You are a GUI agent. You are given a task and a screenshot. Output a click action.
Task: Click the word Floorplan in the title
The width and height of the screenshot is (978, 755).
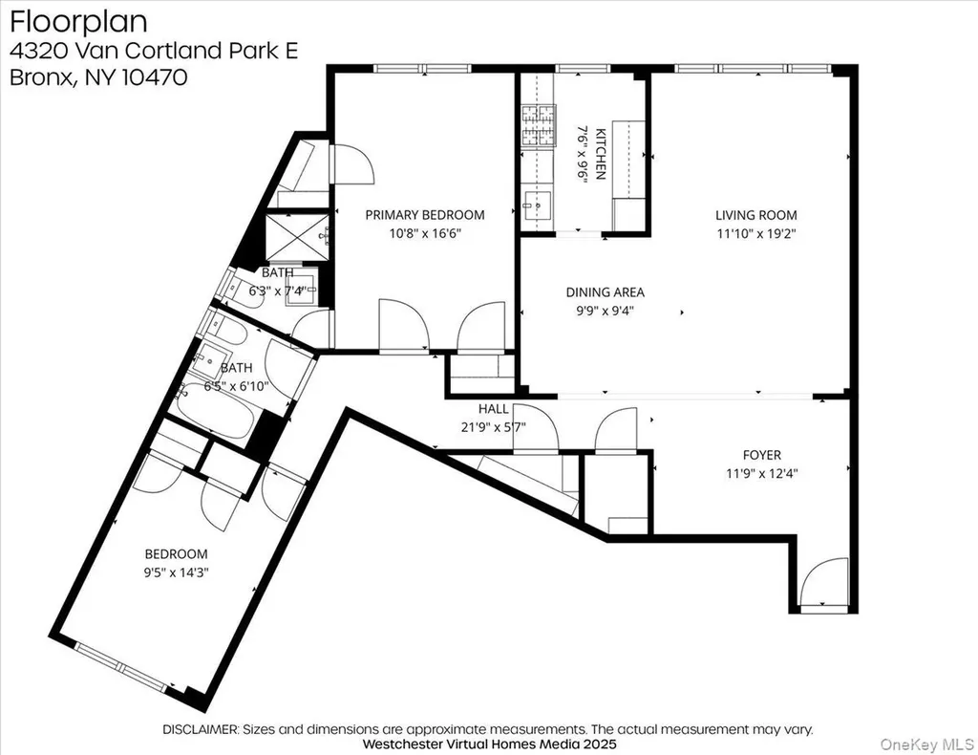pyautogui.click(x=78, y=23)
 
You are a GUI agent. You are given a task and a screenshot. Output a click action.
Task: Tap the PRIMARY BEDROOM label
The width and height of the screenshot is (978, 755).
pyautogui.click(x=425, y=215)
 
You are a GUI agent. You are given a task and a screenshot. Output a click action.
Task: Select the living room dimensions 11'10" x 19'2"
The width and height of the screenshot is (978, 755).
pyautogui.click(x=756, y=234)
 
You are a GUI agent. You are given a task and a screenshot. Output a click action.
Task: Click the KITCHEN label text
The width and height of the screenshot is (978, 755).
pyautogui.click(x=601, y=154)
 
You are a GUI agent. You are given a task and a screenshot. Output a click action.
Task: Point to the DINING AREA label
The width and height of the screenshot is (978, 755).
pyautogui.click(x=605, y=292)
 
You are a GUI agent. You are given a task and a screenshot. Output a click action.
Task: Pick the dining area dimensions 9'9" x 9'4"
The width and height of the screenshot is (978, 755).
pyautogui.click(x=605, y=311)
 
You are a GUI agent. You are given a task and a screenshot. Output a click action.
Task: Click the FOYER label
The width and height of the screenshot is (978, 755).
pyautogui.click(x=761, y=455)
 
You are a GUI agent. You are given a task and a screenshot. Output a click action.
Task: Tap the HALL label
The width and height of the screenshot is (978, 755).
pyautogui.click(x=494, y=409)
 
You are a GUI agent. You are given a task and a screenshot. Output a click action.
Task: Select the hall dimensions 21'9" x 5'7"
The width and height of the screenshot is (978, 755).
pyautogui.click(x=494, y=427)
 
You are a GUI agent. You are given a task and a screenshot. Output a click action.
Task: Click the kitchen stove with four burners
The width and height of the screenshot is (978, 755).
pyautogui.click(x=539, y=125)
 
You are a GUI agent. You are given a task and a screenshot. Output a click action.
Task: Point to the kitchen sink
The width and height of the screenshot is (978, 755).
pyautogui.click(x=537, y=203)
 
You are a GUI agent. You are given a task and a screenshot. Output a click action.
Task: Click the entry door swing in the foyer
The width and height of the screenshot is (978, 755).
pyautogui.click(x=823, y=581)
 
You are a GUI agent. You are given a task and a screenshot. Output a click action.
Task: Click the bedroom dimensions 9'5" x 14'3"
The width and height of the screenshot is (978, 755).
pyautogui.click(x=176, y=572)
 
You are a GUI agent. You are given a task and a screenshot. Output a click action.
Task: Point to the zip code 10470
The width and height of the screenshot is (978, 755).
pyautogui.click(x=154, y=77)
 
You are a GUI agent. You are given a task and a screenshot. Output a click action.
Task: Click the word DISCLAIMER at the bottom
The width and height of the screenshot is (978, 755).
pyautogui.click(x=201, y=729)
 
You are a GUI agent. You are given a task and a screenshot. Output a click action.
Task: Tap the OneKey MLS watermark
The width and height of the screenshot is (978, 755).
pyautogui.click(x=926, y=744)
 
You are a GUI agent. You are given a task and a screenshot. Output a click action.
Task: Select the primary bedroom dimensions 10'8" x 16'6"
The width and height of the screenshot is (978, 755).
pyautogui.click(x=425, y=234)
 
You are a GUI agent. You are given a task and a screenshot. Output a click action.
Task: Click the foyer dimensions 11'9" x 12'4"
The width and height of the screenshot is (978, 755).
pyautogui.click(x=761, y=474)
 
